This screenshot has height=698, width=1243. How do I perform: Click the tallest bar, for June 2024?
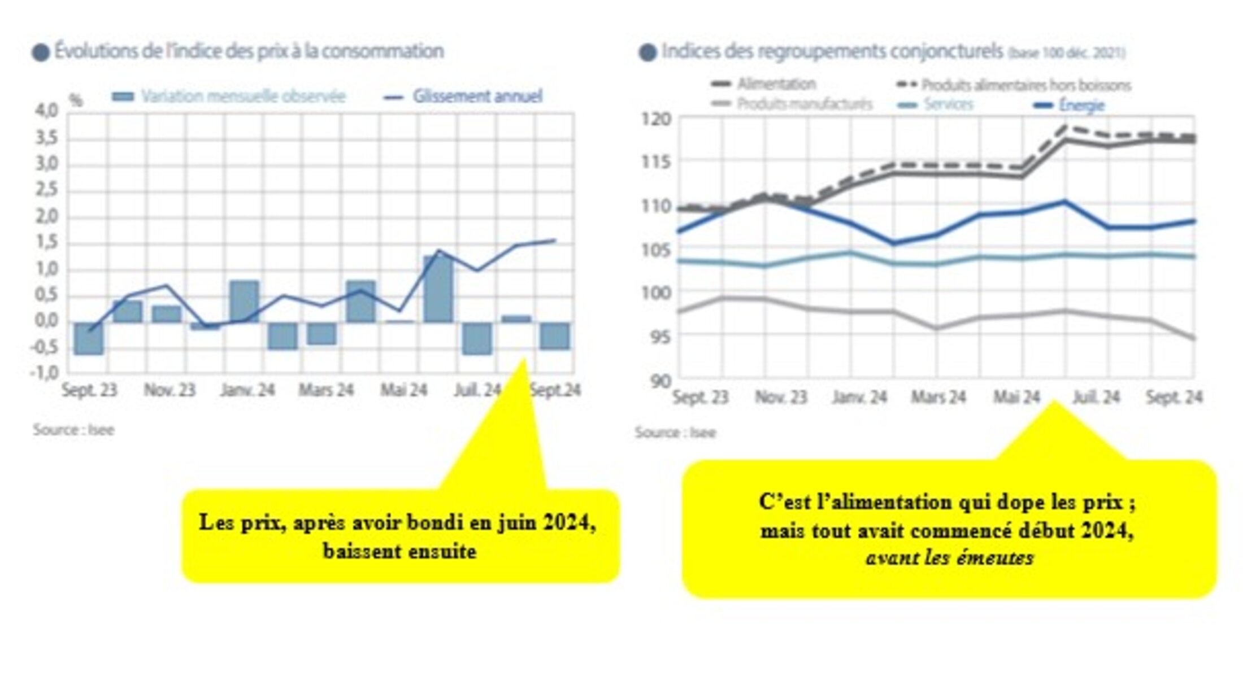coord(438,289)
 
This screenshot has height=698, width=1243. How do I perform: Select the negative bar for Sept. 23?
coord(89,338)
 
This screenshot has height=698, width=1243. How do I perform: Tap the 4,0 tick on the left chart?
coord(47,110)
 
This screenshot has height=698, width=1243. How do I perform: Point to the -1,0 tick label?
coord(45,373)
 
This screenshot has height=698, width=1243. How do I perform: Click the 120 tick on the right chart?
coord(656,119)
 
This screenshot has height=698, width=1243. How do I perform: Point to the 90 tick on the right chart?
coord(660,381)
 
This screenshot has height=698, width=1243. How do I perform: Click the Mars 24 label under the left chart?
coord(326,390)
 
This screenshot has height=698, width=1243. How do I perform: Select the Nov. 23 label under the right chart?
coord(781,398)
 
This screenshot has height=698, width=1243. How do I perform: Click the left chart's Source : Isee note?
coord(73,430)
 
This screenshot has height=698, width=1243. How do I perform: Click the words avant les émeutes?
coord(949,558)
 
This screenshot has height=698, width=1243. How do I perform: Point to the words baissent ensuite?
coord(399,551)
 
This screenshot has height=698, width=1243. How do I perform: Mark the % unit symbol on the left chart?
coord(76,101)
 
